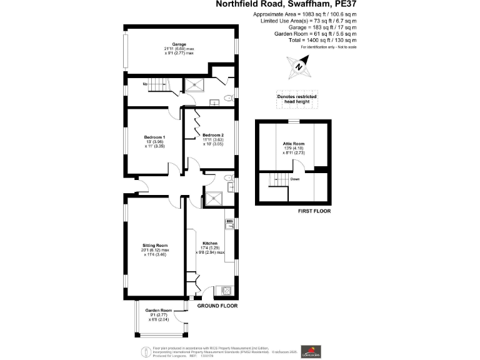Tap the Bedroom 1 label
(x=154, y=137)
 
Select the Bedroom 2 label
(x=213, y=135)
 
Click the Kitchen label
(x=209, y=243)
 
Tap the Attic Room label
(x=293, y=144)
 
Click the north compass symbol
(x=299, y=66)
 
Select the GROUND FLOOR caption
(x=217, y=307)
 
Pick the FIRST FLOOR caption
(x=293, y=211)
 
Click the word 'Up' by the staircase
(x=145, y=84)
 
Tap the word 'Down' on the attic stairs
(x=294, y=179)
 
